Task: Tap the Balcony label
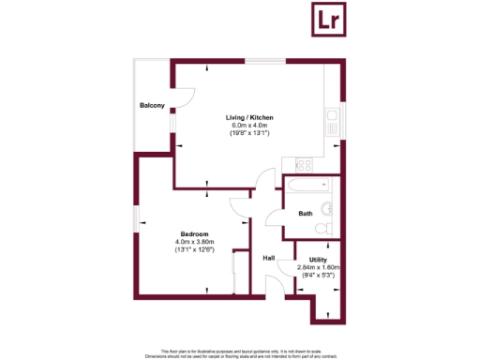click(153, 105)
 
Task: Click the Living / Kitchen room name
click(248, 117)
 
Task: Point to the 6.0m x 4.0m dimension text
click(248, 126)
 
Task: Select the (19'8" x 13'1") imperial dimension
click(248, 134)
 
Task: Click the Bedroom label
click(194, 233)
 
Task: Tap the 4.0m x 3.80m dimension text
click(194, 242)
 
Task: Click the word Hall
click(268, 258)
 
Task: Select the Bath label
click(306, 214)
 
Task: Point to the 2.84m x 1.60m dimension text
click(319, 267)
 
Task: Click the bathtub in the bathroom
click(305, 184)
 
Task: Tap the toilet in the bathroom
click(322, 228)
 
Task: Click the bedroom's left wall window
click(137, 219)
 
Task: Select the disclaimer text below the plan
click(240, 352)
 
